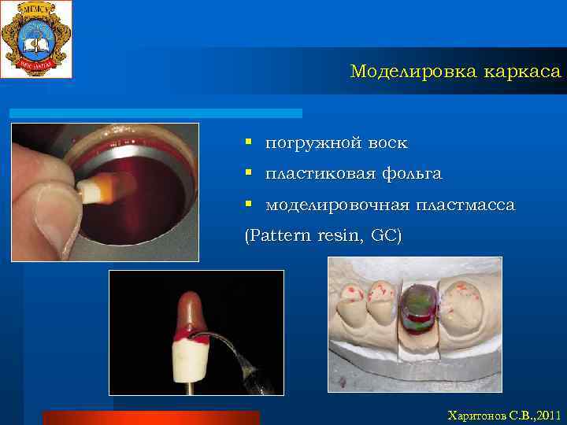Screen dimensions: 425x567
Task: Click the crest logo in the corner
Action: pyautogui.click(x=36, y=39)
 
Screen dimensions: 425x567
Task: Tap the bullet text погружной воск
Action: pyautogui.click(x=336, y=143)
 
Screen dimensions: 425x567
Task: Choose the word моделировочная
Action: pyautogui.click(x=337, y=205)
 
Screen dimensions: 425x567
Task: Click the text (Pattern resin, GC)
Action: pyautogui.click(x=323, y=235)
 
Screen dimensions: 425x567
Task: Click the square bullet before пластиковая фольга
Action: pyautogui.click(x=248, y=172)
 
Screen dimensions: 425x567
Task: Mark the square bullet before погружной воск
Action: pyautogui.click(x=248, y=142)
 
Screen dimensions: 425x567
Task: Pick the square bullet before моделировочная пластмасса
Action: pyautogui.click(x=248, y=204)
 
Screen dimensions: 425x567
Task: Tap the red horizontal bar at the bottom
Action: pyautogui.click(x=150, y=417)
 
